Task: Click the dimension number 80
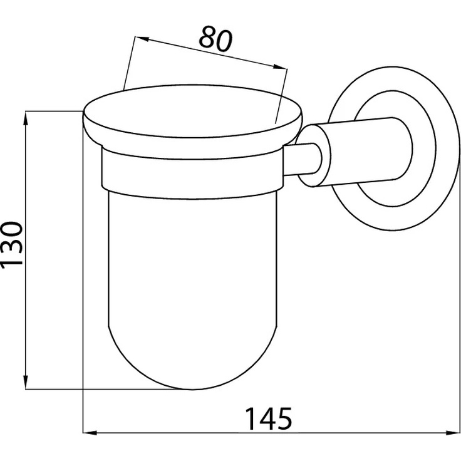(215, 39)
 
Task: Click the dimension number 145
(269, 418)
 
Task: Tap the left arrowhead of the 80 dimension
(142, 38)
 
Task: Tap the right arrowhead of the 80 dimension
(279, 67)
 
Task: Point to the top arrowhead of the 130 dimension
(26, 118)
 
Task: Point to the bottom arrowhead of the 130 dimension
(26, 382)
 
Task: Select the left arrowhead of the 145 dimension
(90, 433)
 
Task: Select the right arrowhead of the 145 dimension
(452, 433)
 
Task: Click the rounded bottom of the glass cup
(192, 389)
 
